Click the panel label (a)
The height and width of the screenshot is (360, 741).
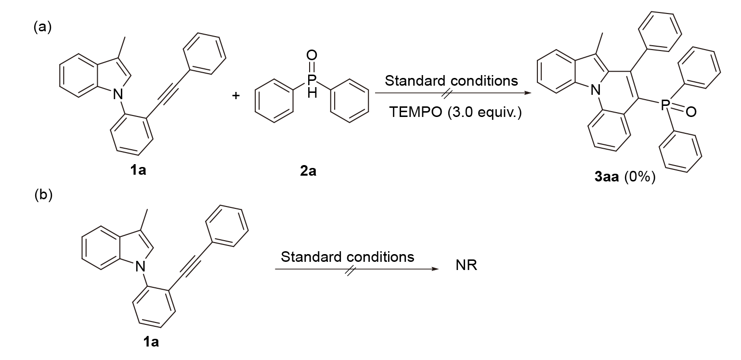[42, 27]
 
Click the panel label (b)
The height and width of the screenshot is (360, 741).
[43, 195]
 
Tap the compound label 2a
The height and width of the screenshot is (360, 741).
[308, 171]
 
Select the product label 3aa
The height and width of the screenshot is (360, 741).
[606, 177]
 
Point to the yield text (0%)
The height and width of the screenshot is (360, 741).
[640, 177]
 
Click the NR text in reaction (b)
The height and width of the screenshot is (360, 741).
[466, 265]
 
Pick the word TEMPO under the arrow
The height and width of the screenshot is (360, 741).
[416, 112]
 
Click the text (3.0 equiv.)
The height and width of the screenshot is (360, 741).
[485, 113]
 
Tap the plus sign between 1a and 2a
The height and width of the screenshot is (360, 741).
[235, 96]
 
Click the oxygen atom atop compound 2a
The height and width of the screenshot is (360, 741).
[312, 55]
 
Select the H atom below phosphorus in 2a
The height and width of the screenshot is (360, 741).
[312, 93]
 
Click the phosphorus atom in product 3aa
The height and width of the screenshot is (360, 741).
[665, 105]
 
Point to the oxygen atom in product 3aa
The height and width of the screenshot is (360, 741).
[691, 112]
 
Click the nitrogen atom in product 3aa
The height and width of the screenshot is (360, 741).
[596, 90]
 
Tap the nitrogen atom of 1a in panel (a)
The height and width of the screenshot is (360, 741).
[118, 95]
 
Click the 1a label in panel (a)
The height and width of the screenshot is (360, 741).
[138, 170]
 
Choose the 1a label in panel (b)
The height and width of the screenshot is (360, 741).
[151, 342]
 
